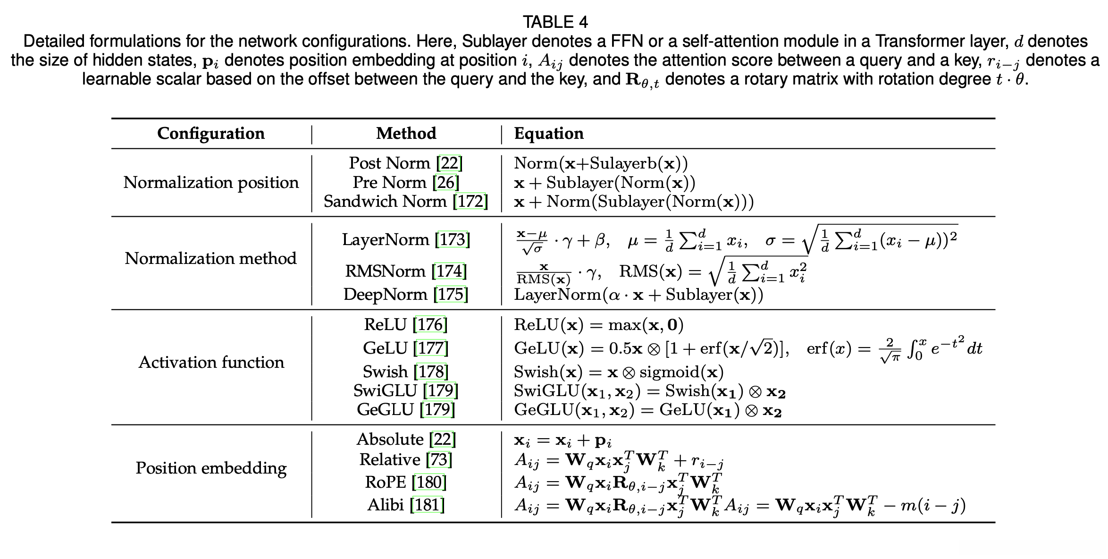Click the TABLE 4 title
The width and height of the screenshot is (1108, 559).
pyautogui.click(x=555, y=22)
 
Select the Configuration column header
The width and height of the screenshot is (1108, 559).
pyautogui.click(x=210, y=134)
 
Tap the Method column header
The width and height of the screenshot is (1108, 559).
pyautogui.click(x=406, y=134)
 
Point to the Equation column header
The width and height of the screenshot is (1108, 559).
pyautogui.click(x=548, y=134)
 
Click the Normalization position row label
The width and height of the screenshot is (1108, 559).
pyautogui.click(x=210, y=183)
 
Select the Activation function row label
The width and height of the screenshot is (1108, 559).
pyautogui.click(x=211, y=363)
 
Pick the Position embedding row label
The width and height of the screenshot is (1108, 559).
pyautogui.click(x=211, y=468)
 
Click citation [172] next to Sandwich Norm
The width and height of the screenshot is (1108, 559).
pyautogui.click(x=470, y=202)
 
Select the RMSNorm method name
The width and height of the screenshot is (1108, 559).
pyautogui.click(x=385, y=271)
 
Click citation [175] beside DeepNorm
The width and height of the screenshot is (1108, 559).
pyautogui.click(x=451, y=295)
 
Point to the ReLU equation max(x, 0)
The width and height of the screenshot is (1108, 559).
pyautogui.click(x=646, y=325)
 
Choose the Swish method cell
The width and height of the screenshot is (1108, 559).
pyautogui.click(x=405, y=372)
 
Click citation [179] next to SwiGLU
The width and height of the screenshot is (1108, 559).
pyautogui.click(x=440, y=391)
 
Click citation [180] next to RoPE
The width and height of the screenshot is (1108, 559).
pyautogui.click(x=429, y=482)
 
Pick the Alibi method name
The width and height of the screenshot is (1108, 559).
pyautogui.click(x=385, y=505)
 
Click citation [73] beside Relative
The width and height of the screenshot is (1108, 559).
pyautogui.click(x=438, y=460)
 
